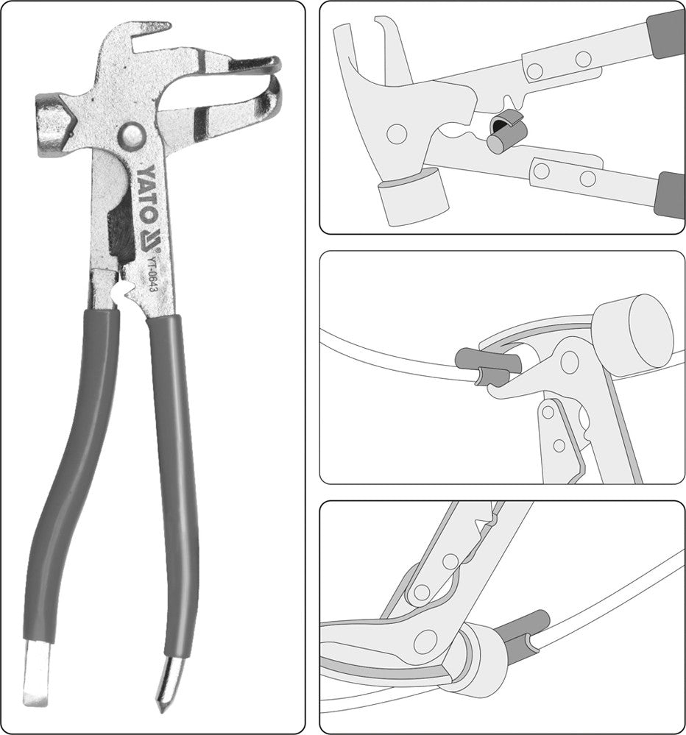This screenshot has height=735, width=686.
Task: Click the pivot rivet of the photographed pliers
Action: coord(132,135)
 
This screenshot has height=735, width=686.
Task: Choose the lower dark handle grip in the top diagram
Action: coord(670,195)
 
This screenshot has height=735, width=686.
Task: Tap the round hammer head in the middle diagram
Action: coord(632,330)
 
